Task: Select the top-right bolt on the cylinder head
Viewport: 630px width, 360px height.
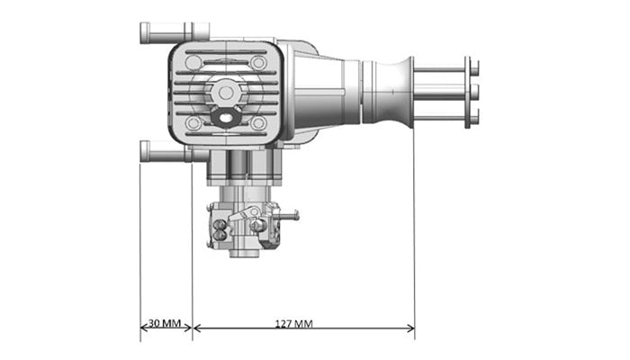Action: [259, 63]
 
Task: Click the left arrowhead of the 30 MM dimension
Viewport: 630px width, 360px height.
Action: [143, 328]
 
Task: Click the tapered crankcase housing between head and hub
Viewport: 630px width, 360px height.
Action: [328, 90]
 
